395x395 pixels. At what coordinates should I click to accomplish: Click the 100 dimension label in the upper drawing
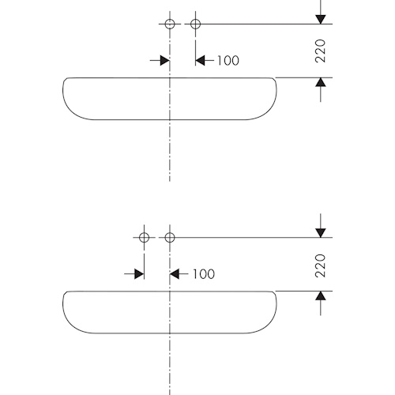228,61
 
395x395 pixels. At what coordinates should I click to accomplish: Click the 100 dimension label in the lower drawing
204,274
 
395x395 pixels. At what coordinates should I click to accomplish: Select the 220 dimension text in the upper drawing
320,51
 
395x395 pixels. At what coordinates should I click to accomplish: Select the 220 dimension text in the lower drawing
320,265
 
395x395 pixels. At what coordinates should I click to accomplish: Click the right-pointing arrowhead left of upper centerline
165,61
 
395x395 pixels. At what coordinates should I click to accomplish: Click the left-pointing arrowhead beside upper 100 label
200,61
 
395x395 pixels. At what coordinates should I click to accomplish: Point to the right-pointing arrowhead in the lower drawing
139,274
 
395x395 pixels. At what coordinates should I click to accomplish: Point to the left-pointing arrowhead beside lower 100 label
175,274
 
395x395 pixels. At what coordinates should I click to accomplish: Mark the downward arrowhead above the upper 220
321,20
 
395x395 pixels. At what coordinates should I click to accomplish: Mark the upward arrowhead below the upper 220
321,82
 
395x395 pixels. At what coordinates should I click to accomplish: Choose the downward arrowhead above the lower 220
321,233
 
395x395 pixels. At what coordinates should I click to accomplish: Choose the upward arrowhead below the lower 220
321,295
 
